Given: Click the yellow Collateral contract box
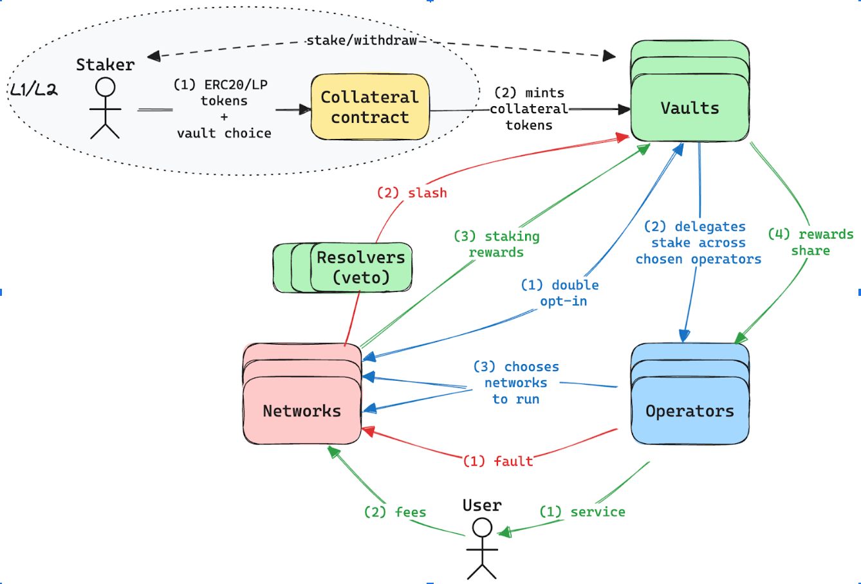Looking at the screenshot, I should (370, 107).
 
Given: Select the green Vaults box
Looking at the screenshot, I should (690, 107).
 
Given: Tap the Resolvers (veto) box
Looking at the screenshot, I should (360, 267).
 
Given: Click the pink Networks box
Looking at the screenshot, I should (302, 410).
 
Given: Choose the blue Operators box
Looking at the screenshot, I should (690, 410).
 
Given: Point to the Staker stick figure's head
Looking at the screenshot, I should (105, 87).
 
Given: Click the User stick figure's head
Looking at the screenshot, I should (481, 528).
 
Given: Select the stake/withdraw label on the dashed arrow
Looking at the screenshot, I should (362, 41).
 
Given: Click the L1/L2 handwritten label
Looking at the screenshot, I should (33, 90).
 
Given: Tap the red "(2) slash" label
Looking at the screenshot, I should (412, 193).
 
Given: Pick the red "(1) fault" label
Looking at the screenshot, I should (498, 461).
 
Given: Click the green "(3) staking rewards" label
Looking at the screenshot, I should (497, 244).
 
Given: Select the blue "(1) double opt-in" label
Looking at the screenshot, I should (560, 293).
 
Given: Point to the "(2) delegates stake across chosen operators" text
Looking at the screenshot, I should (698, 243).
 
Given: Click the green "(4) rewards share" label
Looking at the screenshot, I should (811, 242).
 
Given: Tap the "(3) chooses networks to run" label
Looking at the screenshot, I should (516, 383).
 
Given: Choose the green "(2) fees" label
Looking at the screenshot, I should (395, 512).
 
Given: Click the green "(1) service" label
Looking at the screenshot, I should (582, 512).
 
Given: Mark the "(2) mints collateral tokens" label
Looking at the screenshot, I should (529, 109).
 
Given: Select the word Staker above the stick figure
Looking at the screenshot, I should (106, 64).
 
